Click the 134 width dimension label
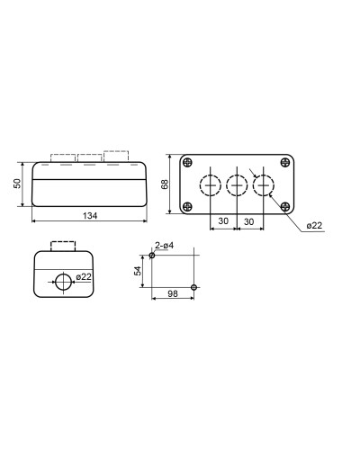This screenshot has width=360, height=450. [90, 215]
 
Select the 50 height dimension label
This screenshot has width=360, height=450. [18, 184]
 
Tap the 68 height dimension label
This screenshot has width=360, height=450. [165, 184]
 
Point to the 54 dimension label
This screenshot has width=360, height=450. [138, 271]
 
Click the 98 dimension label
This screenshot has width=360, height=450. [173, 293]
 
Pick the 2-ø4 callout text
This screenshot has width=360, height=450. [164, 246]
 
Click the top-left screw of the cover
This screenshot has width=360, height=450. [187, 162]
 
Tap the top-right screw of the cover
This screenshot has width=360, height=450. [285, 162]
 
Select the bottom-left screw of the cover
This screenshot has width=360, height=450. [187, 206]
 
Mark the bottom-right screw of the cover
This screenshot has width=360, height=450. [285, 206]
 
